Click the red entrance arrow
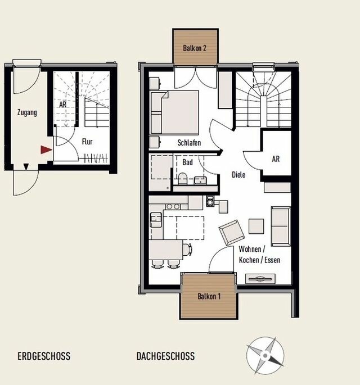tap(46, 150)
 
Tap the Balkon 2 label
tap(195, 48)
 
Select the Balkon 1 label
tap(209, 296)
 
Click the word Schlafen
tap(189, 143)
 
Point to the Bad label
tap(187, 162)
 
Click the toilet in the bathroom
tap(182, 179)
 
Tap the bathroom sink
tap(200, 180)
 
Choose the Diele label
tap(238, 175)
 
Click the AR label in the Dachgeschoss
tap(276, 159)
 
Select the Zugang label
tap(27, 113)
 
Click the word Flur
tap(87, 142)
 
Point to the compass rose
tap(265, 355)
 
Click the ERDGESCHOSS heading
tap(44, 356)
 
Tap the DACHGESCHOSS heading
tap(165, 356)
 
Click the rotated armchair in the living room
tap(232, 233)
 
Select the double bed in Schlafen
tap(174, 112)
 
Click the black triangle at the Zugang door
tap(26, 167)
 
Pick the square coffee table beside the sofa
tap(256, 226)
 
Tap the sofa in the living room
tap(281, 226)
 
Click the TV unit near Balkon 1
tap(260, 279)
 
